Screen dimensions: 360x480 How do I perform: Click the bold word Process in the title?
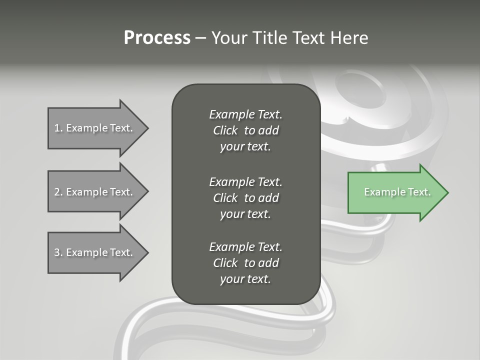(157, 38)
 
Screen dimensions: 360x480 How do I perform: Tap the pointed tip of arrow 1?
(147, 128)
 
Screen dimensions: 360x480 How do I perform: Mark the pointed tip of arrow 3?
(147, 252)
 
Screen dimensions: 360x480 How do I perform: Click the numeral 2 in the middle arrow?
(57, 192)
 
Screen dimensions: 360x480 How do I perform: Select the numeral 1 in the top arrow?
(57, 128)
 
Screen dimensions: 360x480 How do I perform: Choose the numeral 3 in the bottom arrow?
(57, 252)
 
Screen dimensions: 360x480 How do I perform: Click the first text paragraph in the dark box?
(245, 130)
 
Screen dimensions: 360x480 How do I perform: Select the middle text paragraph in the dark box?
(245, 198)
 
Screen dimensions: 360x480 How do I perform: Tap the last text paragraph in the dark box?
(245, 263)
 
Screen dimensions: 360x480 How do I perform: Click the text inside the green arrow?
(397, 192)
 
